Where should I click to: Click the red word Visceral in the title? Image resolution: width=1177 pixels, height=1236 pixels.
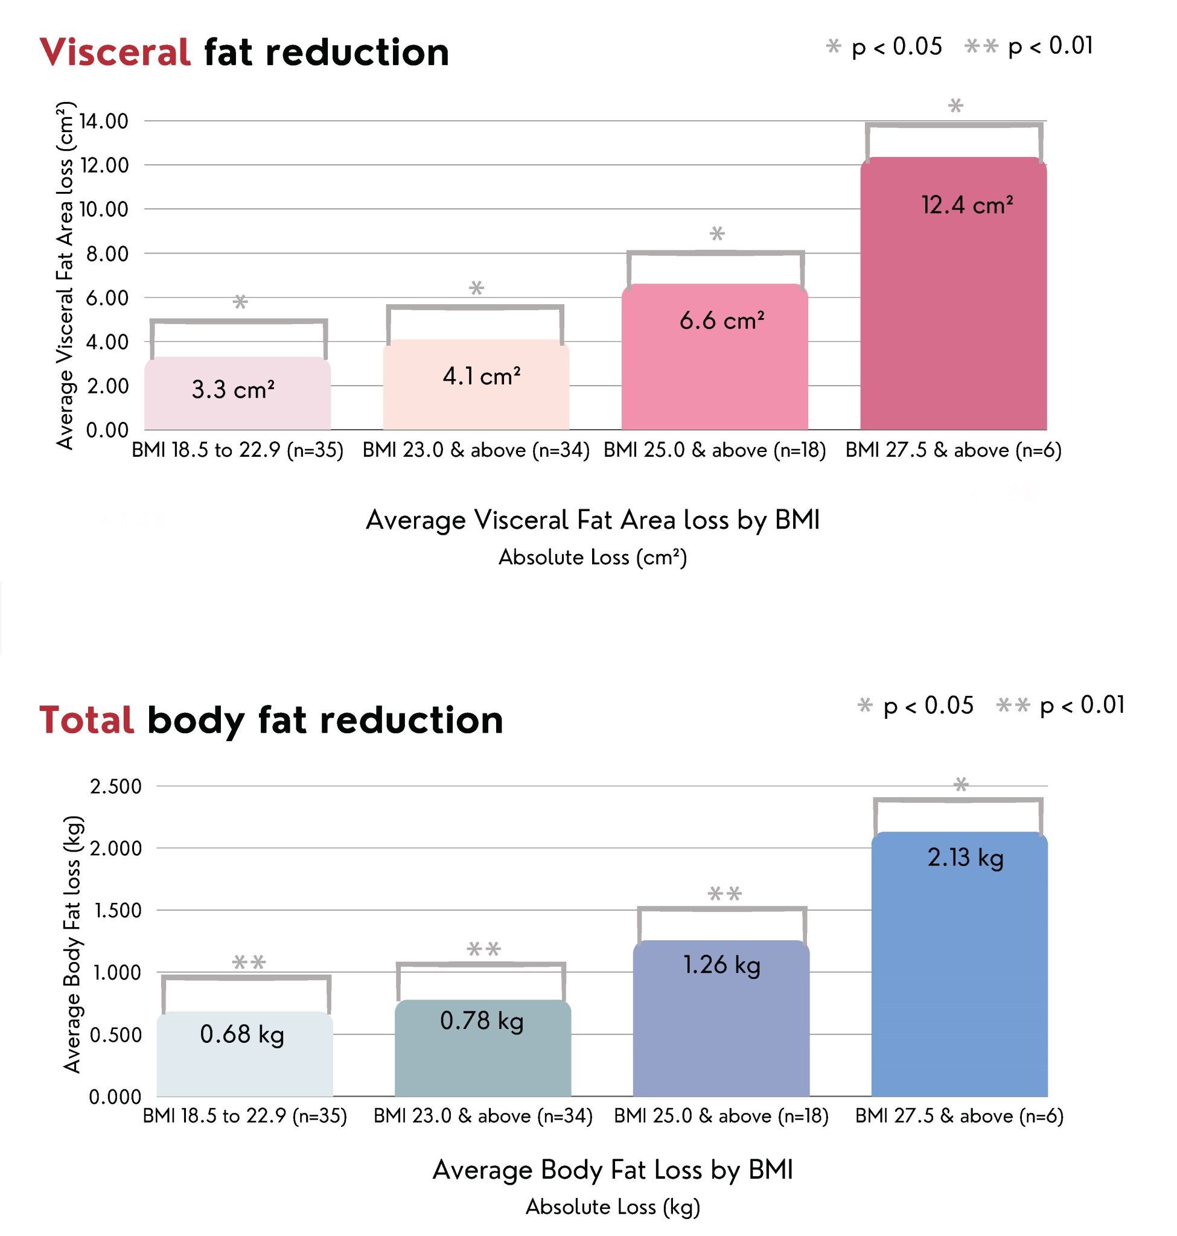coord(115,52)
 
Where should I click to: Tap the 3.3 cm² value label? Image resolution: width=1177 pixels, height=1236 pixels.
coord(233,390)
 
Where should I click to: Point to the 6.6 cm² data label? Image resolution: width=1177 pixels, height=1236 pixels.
coord(721,320)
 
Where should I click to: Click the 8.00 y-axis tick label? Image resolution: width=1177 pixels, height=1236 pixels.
coord(107,253)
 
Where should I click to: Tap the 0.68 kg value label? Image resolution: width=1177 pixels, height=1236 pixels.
coord(241,1034)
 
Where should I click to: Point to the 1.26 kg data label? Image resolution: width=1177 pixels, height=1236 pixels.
coord(721,964)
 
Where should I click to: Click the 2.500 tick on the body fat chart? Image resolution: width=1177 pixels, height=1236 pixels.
coord(116,786)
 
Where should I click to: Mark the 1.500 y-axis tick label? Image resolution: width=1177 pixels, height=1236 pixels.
coord(118,909)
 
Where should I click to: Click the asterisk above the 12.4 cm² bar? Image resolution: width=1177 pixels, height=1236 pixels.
coord(955,106)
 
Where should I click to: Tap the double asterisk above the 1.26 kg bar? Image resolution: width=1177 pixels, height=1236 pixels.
coord(725,893)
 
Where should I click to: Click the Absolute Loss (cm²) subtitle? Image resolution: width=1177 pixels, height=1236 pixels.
coord(592,557)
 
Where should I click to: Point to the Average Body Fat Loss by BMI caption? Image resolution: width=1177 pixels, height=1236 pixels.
coord(612,1170)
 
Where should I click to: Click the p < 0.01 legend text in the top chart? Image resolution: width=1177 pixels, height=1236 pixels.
coord(1050,46)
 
